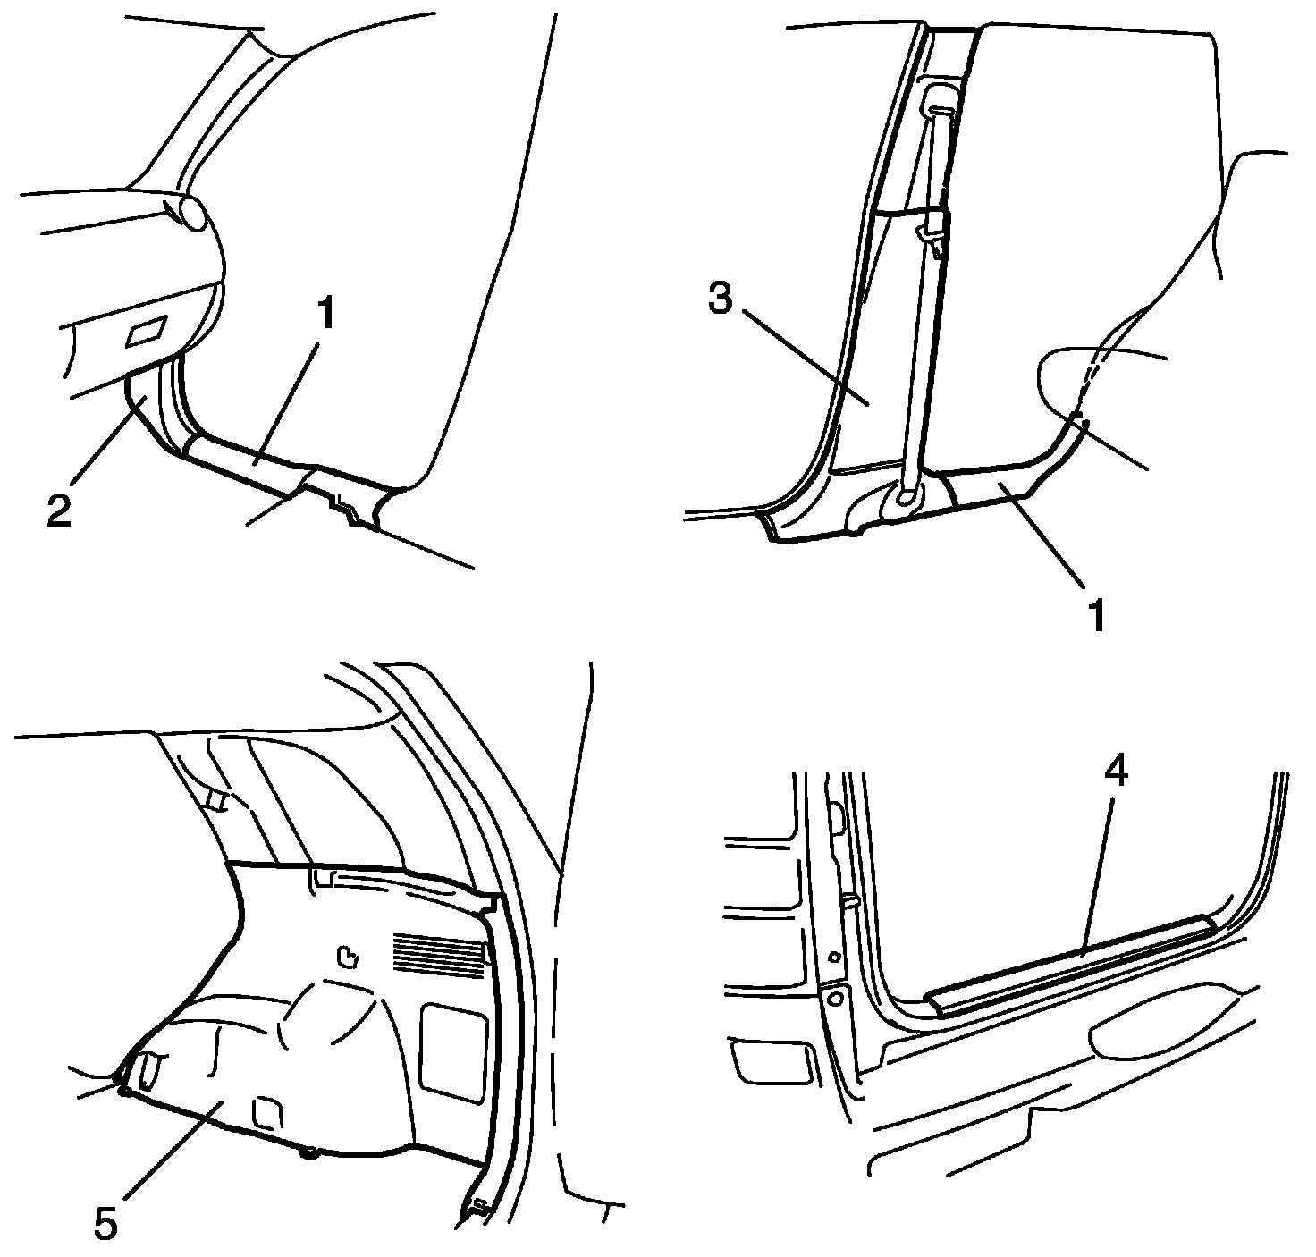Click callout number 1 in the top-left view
[326, 314]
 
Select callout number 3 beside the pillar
[721, 298]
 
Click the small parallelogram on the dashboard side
[148, 331]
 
